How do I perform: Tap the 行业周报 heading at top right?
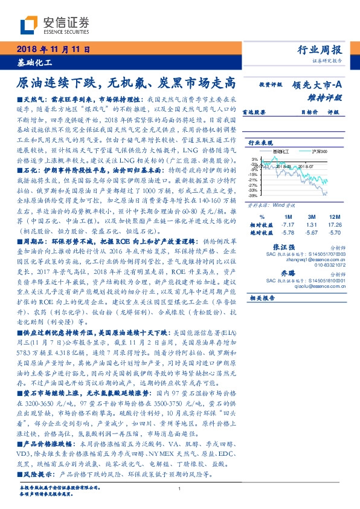pyautogui.click(x=320, y=50)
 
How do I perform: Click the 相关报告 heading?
pyautogui.click(x=262, y=298)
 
